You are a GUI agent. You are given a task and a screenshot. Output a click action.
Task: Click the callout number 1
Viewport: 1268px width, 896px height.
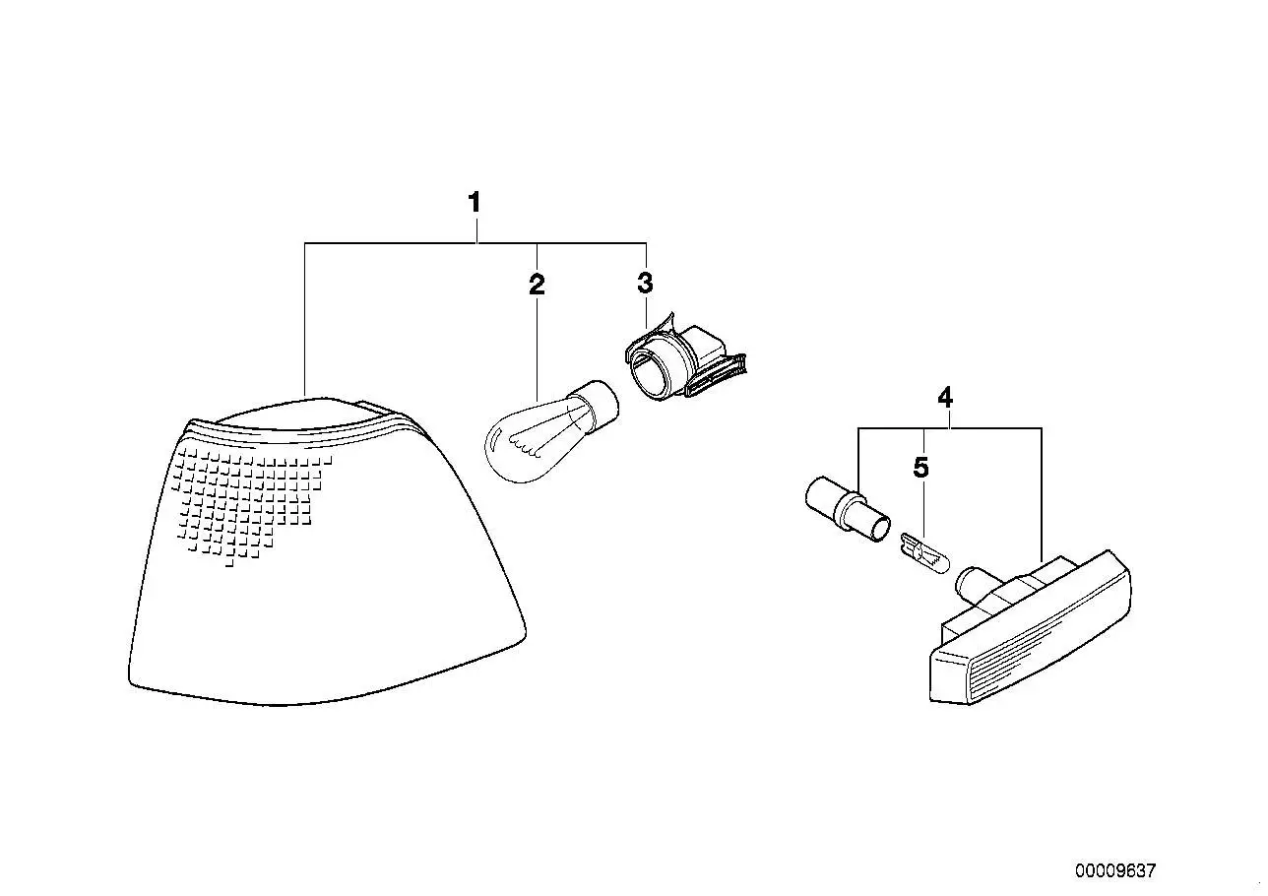tap(475, 203)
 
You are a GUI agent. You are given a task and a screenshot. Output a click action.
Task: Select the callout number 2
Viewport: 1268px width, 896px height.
tap(537, 285)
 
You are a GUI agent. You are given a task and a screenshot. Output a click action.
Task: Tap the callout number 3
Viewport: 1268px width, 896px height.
tap(645, 283)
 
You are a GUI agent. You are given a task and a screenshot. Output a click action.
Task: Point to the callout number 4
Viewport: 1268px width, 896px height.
tap(945, 398)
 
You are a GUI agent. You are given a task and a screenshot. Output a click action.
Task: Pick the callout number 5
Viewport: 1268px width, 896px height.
tap(921, 468)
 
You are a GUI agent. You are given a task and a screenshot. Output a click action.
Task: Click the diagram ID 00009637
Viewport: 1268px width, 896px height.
tap(1115, 870)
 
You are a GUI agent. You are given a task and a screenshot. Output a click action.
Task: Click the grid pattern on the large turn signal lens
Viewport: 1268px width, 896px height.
tap(250, 504)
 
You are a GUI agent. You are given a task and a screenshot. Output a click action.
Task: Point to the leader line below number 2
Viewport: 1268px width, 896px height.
tap(537, 347)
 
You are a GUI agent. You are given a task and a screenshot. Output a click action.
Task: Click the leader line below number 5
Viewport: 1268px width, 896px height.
tap(923, 508)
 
